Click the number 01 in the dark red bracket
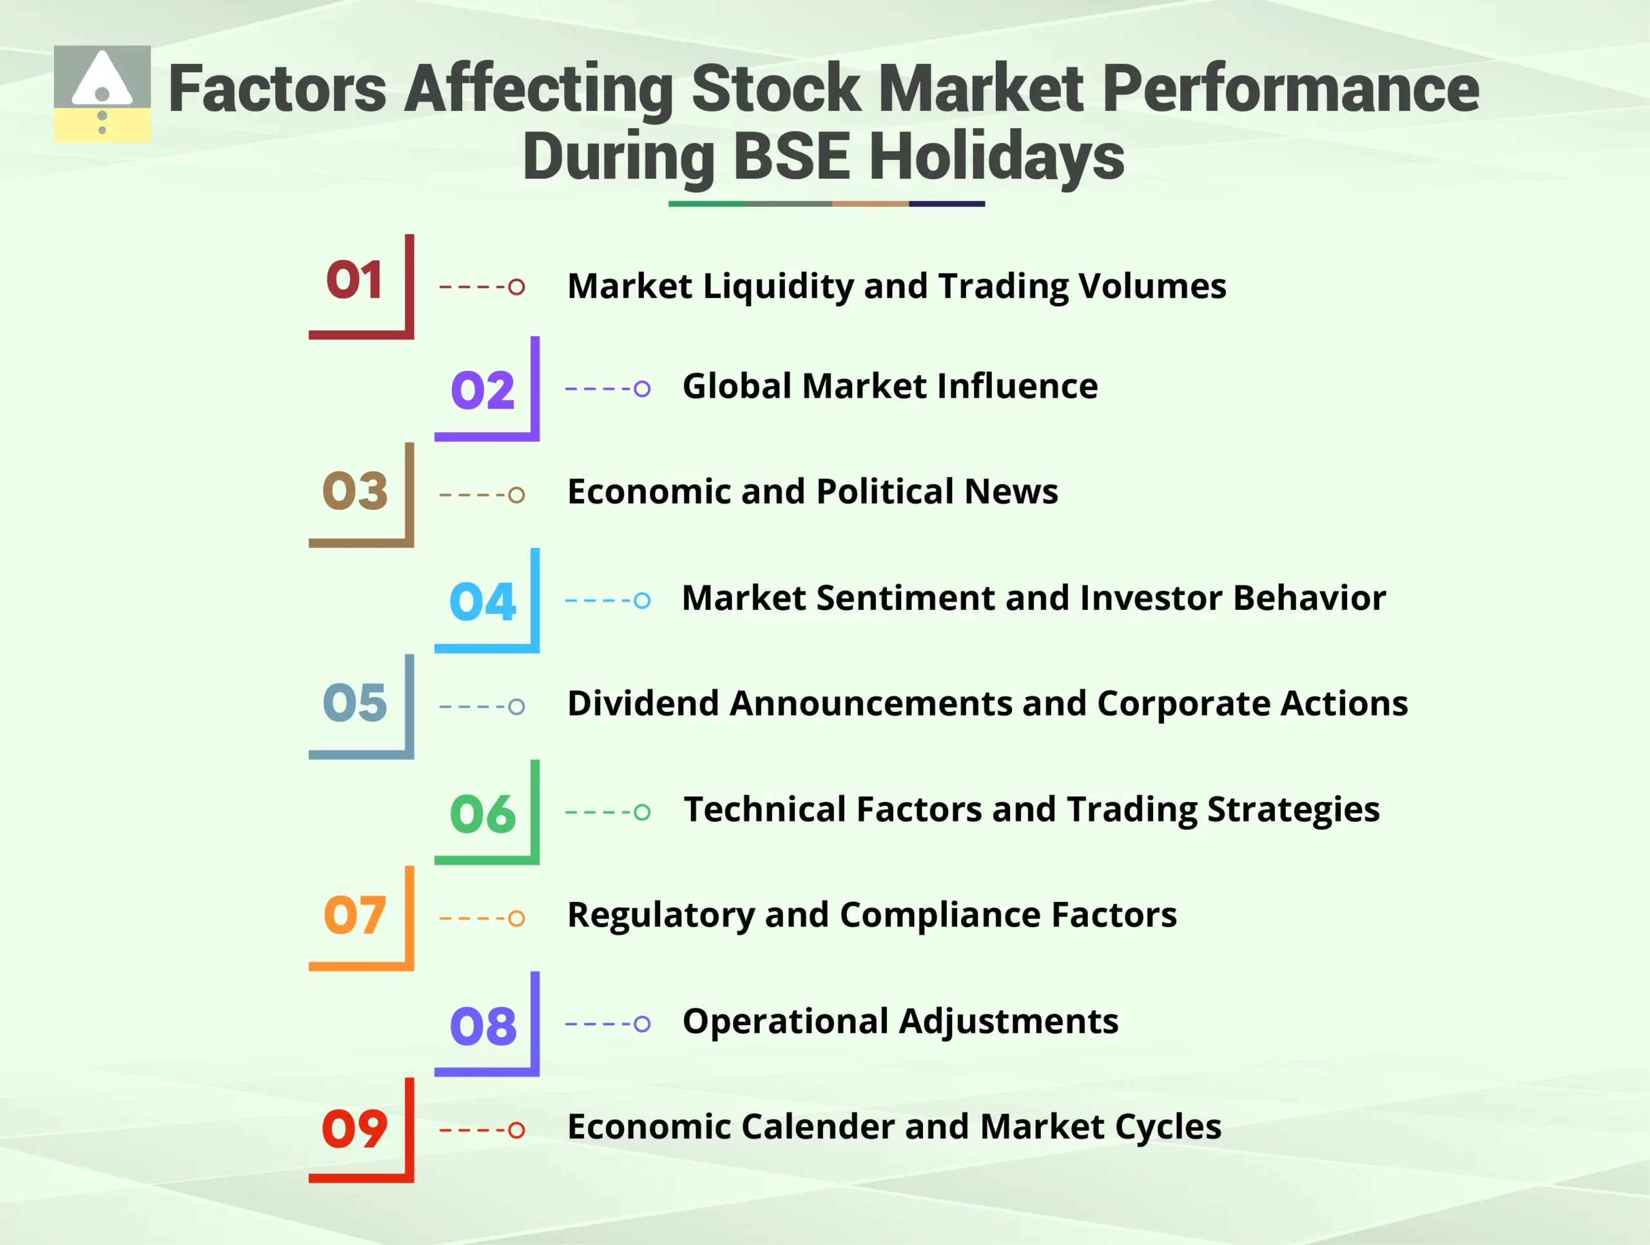pyautogui.click(x=354, y=280)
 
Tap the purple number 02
pyautogui.click(x=483, y=390)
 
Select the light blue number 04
pyautogui.click(x=483, y=602)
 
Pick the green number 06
pyautogui.click(x=483, y=813)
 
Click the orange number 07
pyautogui.click(x=354, y=916)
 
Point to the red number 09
pyautogui.click(x=354, y=1129)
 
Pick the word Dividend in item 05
pyautogui.click(x=642, y=703)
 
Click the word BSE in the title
pyautogui.click(x=791, y=157)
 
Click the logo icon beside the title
pyautogui.click(x=102, y=94)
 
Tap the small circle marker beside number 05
pyautogui.click(x=516, y=707)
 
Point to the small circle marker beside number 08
pyautogui.click(x=641, y=1023)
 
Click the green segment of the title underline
pyautogui.click(x=706, y=204)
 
